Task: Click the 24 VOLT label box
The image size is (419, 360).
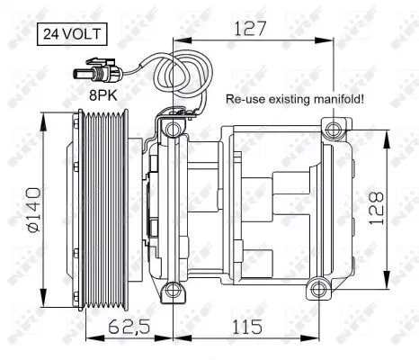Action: [x=71, y=35]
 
